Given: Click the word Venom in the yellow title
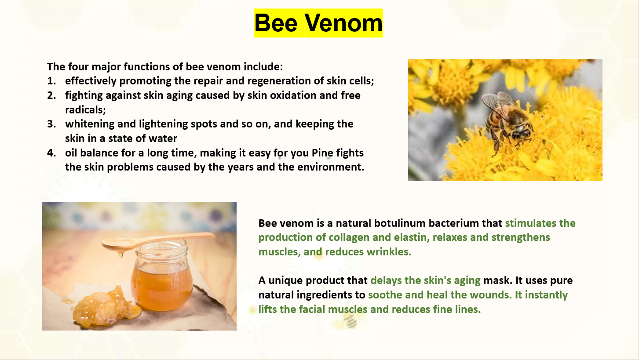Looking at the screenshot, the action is [x=343, y=23].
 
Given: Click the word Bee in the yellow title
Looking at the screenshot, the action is [x=276, y=23].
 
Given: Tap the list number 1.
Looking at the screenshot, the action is [x=51, y=81].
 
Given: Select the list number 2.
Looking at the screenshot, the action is [x=51, y=95].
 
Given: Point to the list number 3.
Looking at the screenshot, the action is [x=51, y=124].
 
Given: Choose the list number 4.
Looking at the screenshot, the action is [x=51, y=153].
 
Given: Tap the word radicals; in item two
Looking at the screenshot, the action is [x=85, y=110].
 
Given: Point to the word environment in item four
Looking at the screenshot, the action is [x=330, y=167].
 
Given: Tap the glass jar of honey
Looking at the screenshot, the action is [x=161, y=278].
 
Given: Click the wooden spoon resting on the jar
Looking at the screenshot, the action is [x=158, y=241].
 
